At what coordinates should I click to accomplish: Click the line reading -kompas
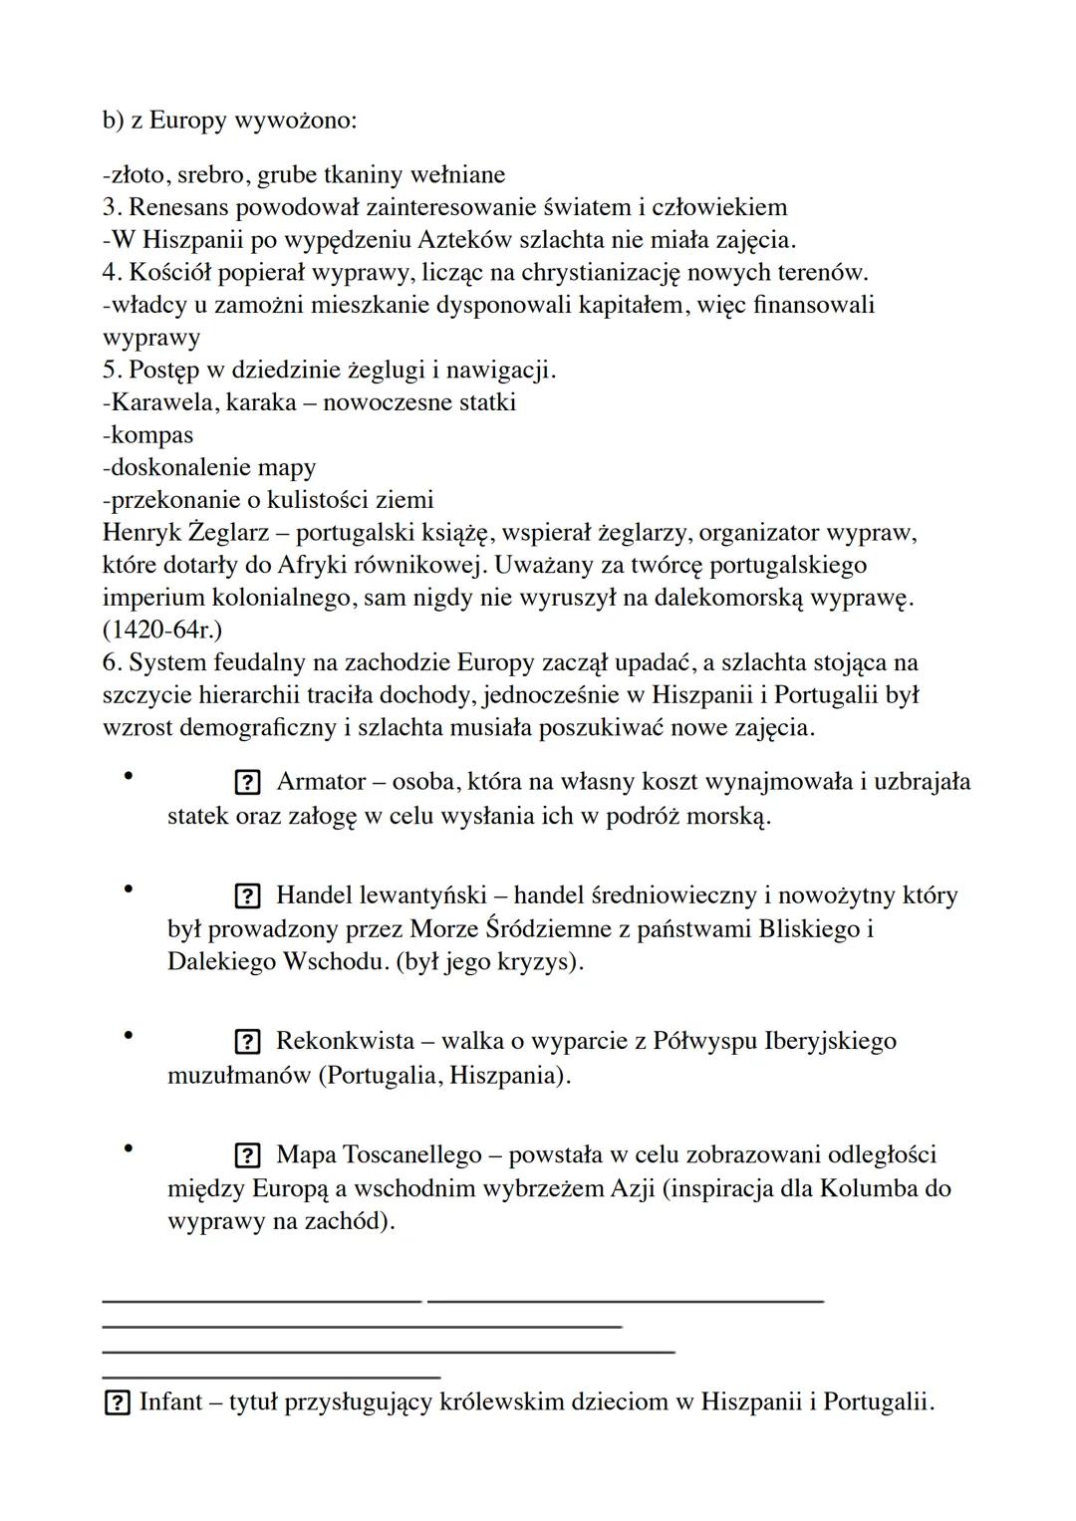pyautogui.click(x=147, y=435)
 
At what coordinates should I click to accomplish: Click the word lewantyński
pyautogui.click(x=423, y=895)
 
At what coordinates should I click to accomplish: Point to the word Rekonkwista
pyautogui.click(x=345, y=1042)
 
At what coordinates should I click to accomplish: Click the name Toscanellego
pyautogui.click(x=411, y=1155)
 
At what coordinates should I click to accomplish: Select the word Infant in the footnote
pyautogui.click(x=169, y=1402)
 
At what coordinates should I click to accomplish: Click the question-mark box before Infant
pyautogui.click(x=117, y=1403)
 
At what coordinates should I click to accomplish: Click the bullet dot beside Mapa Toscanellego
pyautogui.click(x=129, y=1147)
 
